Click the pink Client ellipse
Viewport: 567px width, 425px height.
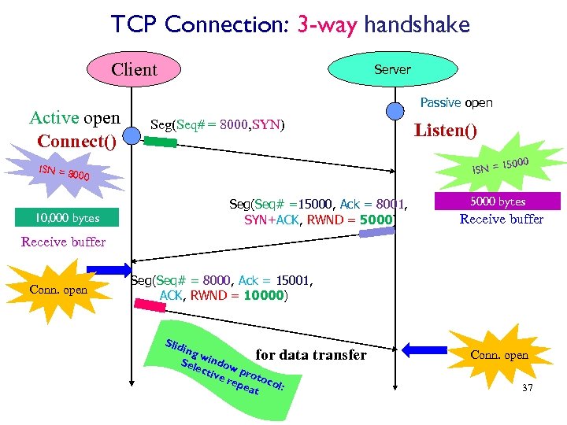pos(134,69)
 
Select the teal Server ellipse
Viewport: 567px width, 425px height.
pos(391,69)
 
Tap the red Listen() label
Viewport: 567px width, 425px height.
pos(446,131)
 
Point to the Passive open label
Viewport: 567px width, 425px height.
pos(456,103)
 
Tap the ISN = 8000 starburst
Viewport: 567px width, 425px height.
pos(63,174)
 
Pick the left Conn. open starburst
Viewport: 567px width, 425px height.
pos(59,289)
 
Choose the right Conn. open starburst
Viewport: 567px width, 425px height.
pos(499,355)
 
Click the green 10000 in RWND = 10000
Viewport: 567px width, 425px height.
pos(263,296)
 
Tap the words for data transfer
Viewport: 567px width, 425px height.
pos(311,355)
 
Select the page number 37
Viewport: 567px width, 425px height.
pos(527,388)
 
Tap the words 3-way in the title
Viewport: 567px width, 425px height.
pos(328,24)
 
